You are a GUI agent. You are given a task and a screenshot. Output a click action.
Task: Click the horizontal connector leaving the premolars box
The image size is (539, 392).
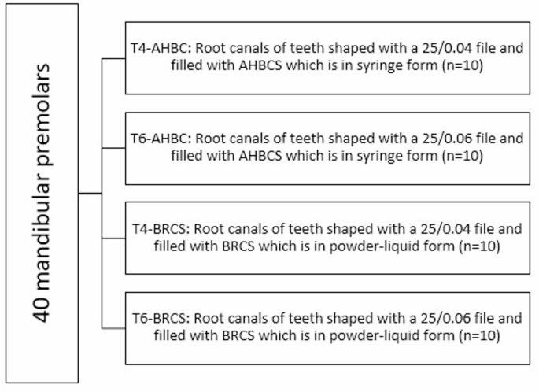(x=90, y=191)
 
